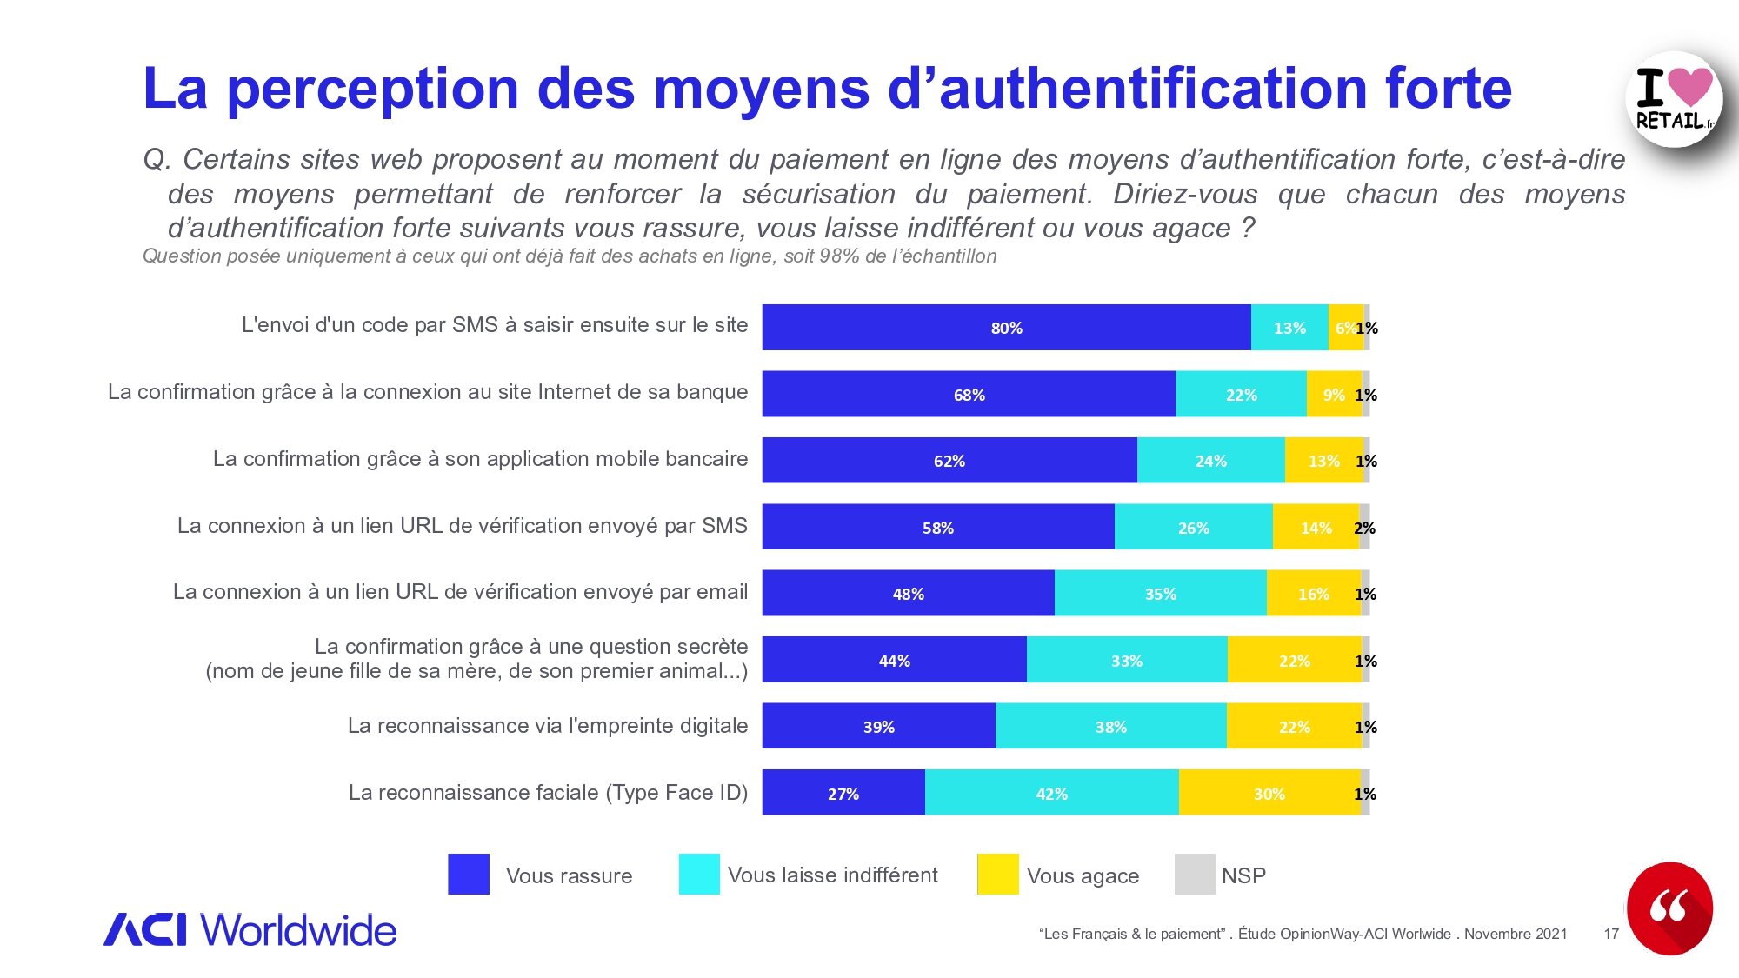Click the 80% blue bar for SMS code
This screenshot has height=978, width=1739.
point(1006,328)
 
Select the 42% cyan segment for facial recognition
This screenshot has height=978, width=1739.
point(1051,793)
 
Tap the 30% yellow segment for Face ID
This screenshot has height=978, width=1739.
point(1269,793)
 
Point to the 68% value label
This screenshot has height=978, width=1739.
point(969,395)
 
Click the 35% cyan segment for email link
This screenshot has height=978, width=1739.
point(1160,594)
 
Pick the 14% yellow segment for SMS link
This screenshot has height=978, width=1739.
point(1316,527)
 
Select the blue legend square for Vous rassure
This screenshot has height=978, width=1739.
point(469,875)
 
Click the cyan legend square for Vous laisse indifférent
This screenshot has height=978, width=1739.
point(699,875)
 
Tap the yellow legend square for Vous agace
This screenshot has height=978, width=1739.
point(997,875)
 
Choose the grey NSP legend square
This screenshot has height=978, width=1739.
point(1195,875)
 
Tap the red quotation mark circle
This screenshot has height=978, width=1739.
point(1669,908)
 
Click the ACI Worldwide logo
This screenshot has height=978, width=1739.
point(250,930)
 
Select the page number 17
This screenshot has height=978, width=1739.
point(1611,934)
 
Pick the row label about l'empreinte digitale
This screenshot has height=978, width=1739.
point(547,726)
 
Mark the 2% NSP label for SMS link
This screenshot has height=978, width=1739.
point(1364,528)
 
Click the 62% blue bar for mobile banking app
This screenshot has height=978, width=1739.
point(949,461)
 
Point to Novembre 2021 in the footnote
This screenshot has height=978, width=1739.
point(1516,934)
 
